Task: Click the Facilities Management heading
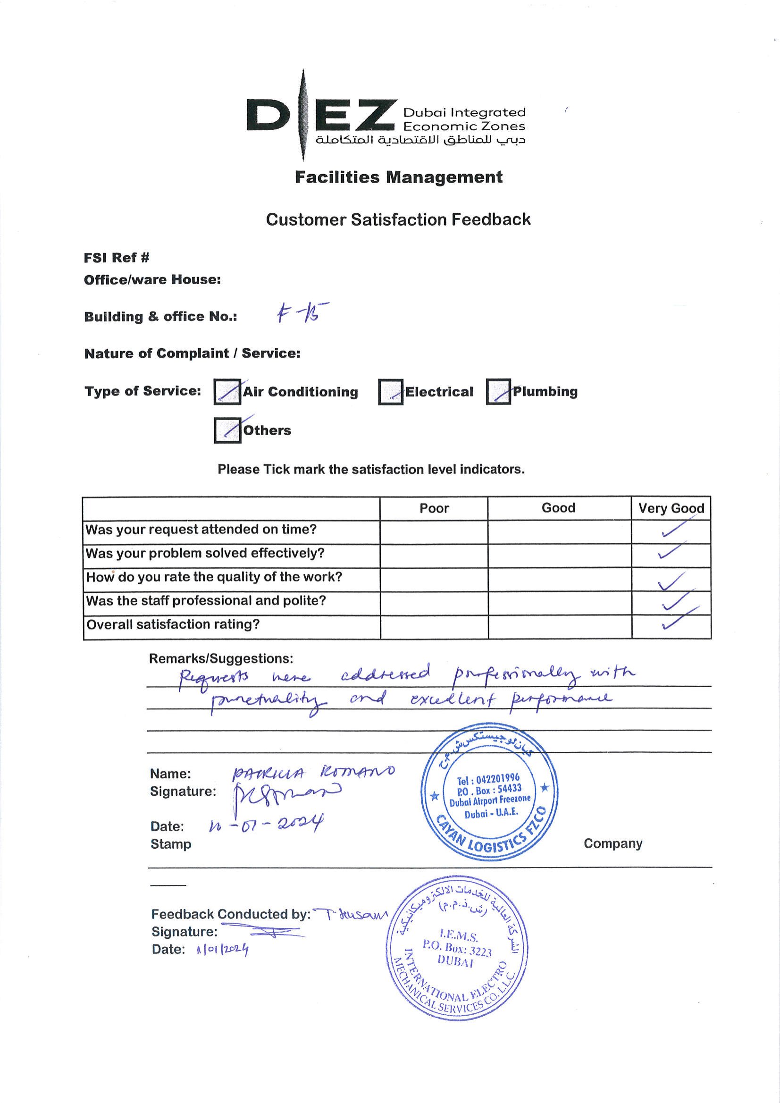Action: click(398, 177)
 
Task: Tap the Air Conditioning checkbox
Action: click(227, 392)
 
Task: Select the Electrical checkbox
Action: click(391, 392)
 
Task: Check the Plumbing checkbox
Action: click(498, 392)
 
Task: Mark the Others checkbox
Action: click(227, 430)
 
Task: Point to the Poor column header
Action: click(434, 508)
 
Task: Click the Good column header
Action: click(558, 508)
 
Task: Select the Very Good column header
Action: click(671, 508)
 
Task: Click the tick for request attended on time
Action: click(673, 530)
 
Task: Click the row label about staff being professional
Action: click(206, 601)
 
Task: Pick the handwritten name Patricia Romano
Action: click(313, 772)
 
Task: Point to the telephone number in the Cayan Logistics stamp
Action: click(488, 779)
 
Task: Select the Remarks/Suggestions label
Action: click(221, 658)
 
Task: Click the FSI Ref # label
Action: click(116, 258)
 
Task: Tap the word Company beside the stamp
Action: click(613, 843)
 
